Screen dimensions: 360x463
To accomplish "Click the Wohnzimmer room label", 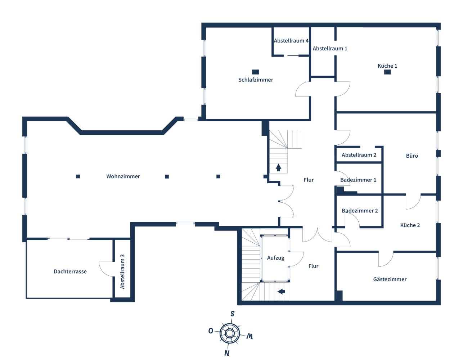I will coord(123,176).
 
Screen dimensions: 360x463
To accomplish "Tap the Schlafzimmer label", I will coord(256,80).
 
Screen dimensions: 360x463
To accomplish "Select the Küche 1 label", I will coord(387,66).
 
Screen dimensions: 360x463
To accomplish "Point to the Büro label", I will coord(412,156).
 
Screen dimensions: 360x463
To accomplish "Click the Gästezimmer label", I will coord(390,279).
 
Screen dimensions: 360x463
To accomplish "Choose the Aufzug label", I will coord(276,258).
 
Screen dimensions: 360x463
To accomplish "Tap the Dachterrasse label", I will coord(70,271).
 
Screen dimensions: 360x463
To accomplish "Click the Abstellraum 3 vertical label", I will coord(122,271).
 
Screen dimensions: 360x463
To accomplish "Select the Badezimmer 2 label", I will coord(360,211).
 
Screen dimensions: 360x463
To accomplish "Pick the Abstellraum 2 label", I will coord(359,155).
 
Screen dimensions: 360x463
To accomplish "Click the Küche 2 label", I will coord(410,225).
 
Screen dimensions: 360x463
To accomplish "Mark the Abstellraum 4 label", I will coord(291,41).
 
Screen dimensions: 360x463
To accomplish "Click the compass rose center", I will coord(230,333).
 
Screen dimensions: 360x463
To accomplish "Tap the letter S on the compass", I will coord(233,314).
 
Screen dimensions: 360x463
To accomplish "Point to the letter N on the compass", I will coord(227,353).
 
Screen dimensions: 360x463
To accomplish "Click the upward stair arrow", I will coord(278,167).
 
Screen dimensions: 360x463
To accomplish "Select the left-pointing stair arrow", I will coord(281,291).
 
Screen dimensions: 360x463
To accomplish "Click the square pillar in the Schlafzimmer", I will coord(255,72).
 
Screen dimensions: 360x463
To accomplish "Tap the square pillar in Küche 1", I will coord(387,72).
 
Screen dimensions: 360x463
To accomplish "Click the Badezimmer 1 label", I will coord(358,180).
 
